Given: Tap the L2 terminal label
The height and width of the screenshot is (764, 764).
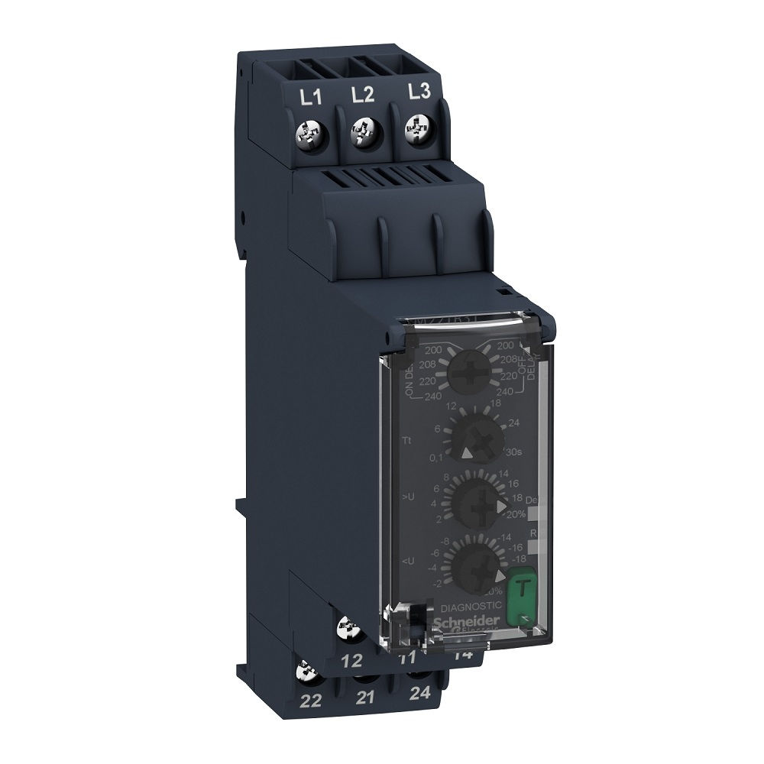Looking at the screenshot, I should (x=363, y=95).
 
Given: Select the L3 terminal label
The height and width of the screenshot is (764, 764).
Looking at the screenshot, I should (x=418, y=92).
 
